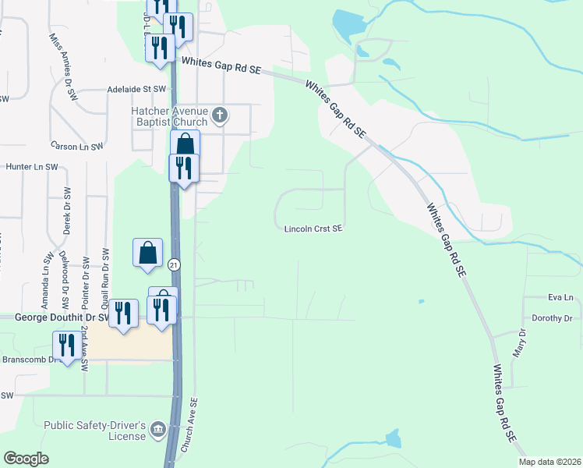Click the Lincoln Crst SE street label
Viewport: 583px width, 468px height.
[313, 229]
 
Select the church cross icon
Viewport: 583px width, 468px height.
[220, 115]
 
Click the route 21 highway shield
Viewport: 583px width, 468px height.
[174, 264]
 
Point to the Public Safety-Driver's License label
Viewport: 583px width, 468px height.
[95, 430]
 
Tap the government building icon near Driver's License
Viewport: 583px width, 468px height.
[157, 427]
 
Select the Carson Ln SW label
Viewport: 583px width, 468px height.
[76, 146]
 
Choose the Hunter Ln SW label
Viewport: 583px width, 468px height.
[32, 167]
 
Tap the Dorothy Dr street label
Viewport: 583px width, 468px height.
[552, 318]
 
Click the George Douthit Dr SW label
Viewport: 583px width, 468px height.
[62, 317]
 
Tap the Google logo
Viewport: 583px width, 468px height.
[26, 459]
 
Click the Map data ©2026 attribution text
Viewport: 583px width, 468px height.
[549, 462]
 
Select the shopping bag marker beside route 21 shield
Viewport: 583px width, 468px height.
[147, 252]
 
